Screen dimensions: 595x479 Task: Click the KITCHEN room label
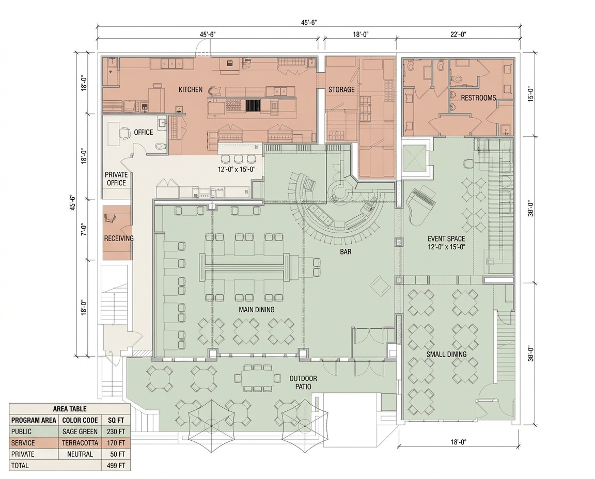coord(191,89)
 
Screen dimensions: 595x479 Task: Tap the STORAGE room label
coord(341,89)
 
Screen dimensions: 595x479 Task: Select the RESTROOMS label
coord(478,98)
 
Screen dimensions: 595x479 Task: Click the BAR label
coord(346,251)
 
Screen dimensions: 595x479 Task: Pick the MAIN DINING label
coord(257,310)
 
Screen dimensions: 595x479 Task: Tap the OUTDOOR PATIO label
coord(303,382)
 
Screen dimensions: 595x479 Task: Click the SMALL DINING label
coord(446,354)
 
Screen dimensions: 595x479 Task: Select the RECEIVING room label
coord(119,238)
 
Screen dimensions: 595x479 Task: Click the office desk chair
coord(124,133)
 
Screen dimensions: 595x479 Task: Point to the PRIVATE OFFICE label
coord(116,179)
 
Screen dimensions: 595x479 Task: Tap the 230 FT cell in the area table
coord(116,432)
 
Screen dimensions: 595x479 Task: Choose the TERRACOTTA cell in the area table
coord(80,443)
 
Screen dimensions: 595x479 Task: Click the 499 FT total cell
coord(116,466)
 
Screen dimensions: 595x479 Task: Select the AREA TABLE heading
coord(69,409)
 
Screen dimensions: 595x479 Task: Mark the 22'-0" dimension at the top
coord(458,34)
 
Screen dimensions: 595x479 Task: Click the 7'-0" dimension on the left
coord(84,229)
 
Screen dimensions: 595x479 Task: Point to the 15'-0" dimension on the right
coord(531,94)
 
